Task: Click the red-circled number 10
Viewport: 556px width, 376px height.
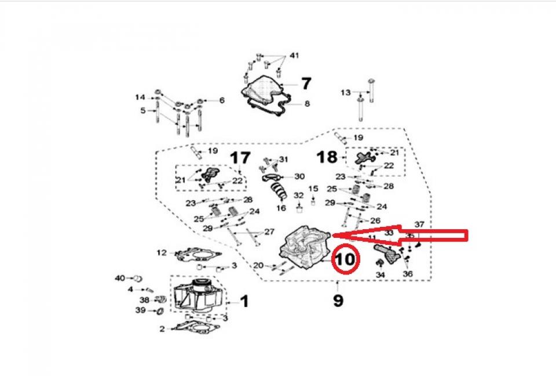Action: (x=345, y=259)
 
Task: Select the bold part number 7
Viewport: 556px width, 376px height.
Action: (x=305, y=83)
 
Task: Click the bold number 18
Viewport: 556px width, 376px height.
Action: (x=327, y=157)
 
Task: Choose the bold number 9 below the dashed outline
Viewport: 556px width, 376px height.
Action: (x=338, y=300)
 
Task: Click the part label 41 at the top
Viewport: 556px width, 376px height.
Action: (x=294, y=56)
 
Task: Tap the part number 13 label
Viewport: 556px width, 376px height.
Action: (x=345, y=93)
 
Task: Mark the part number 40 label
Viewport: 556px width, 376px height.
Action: (x=119, y=278)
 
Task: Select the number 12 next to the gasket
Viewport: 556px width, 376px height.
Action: (x=162, y=252)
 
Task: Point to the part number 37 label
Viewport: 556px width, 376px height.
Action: (x=419, y=224)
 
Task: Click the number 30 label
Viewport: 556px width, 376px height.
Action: (x=299, y=176)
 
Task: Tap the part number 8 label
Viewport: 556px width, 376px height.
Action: (x=307, y=104)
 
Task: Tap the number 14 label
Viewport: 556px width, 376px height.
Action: (x=141, y=97)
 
